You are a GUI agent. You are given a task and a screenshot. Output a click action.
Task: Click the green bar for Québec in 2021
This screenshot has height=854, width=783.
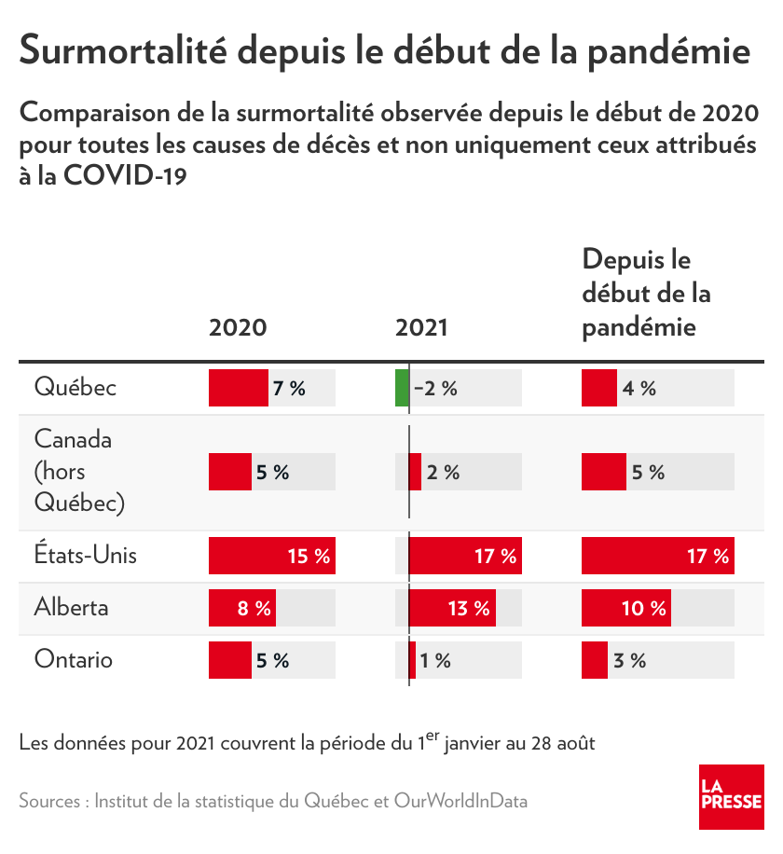[x=402, y=388]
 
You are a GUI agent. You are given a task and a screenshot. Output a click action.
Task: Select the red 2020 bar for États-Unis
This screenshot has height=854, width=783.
[x=271, y=556]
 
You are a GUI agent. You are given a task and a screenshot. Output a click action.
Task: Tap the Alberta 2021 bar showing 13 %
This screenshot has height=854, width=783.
[x=452, y=608]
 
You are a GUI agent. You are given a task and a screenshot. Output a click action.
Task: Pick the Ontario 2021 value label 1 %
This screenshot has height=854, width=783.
[x=435, y=660]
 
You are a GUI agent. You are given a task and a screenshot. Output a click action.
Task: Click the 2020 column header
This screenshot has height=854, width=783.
[x=238, y=327]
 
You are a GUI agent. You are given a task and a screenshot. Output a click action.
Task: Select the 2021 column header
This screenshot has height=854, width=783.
[x=421, y=327]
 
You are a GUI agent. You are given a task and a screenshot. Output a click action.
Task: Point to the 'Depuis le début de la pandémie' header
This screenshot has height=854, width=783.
[x=646, y=293]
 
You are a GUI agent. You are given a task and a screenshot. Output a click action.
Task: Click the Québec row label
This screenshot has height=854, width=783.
[x=76, y=387]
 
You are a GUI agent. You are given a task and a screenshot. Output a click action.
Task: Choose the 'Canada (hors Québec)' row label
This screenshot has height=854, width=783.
[x=79, y=471]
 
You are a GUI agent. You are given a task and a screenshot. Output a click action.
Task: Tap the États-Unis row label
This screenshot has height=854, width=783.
[x=85, y=556]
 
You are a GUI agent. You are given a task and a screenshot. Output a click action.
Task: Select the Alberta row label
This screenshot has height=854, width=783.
[x=72, y=608]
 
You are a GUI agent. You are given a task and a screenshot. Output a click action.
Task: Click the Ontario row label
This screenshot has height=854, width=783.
[x=74, y=660]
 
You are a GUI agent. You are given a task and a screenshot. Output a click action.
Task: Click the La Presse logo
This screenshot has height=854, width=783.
[x=732, y=796]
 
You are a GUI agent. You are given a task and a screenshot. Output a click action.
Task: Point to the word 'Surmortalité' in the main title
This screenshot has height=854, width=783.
[x=121, y=50]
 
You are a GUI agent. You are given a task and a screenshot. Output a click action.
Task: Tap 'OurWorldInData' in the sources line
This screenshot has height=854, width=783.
[x=460, y=801]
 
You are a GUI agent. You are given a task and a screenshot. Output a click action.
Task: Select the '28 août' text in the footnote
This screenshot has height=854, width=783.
[x=564, y=744]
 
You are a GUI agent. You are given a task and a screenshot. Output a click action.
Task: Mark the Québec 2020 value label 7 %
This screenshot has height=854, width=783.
[x=289, y=388]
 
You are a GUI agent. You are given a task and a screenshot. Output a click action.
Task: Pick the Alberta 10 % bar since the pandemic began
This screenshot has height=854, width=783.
[x=625, y=608]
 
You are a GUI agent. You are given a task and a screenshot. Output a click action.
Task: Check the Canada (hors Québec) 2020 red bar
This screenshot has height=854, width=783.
[x=229, y=472]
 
